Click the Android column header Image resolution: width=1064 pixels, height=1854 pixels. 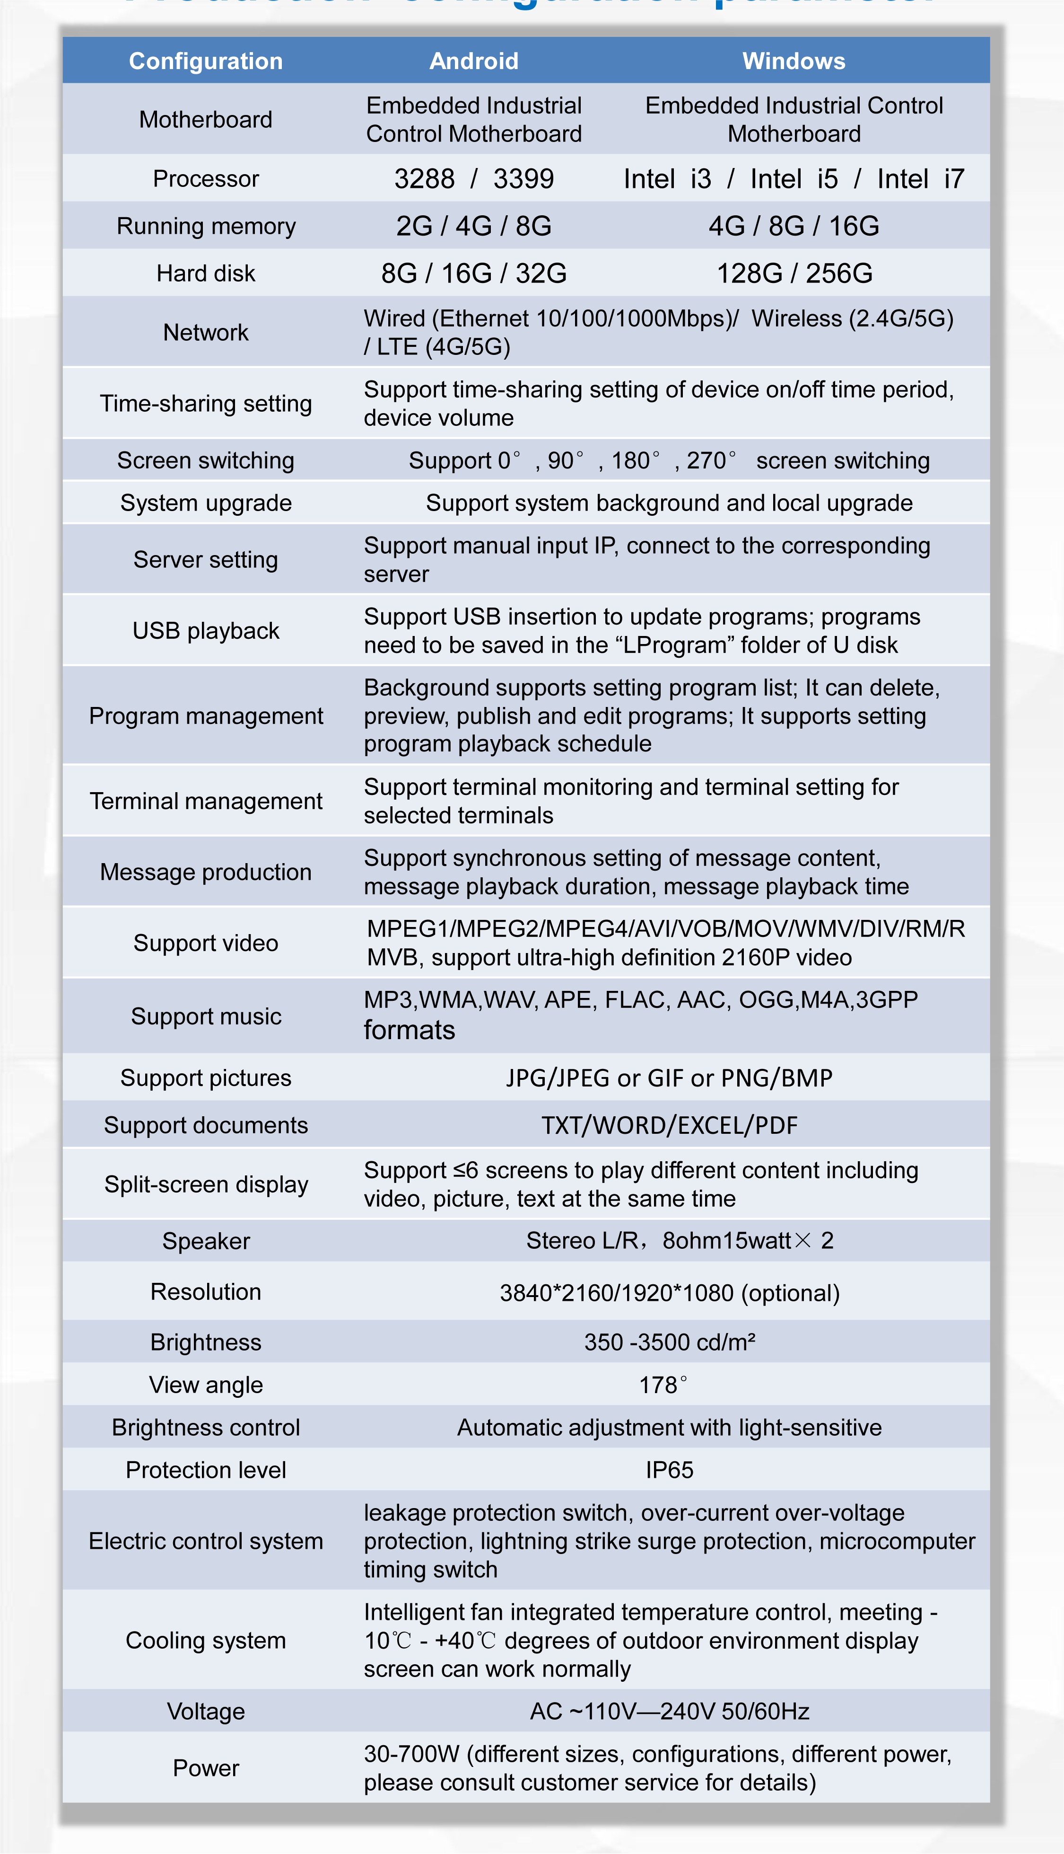point(473,61)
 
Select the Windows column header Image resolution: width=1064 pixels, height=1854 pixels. point(794,61)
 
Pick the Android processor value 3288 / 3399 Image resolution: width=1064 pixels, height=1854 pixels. point(473,178)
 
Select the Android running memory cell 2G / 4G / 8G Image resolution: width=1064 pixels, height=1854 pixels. point(473,226)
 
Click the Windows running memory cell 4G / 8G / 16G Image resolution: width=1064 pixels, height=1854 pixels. point(794,226)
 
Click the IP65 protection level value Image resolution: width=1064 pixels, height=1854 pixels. point(669,1469)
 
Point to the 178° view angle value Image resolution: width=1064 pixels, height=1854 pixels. point(663,1385)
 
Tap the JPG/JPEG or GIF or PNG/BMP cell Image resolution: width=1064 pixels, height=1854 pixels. point(669,1077)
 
